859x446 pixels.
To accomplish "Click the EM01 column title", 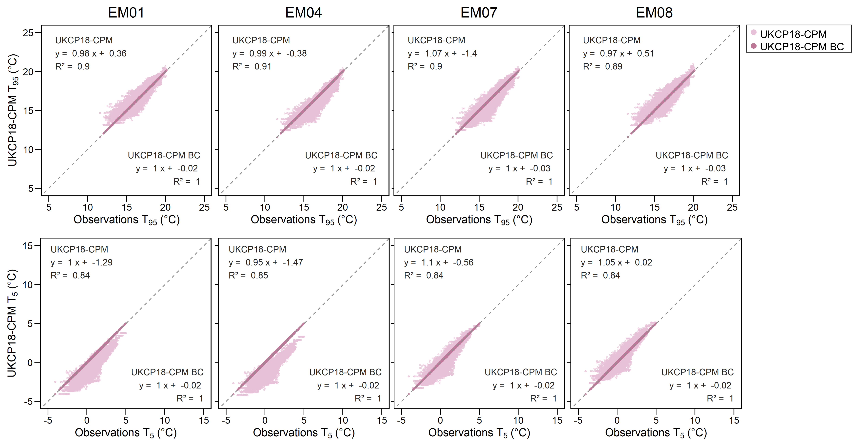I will [126, 13].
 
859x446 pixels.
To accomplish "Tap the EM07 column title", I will [479, 13].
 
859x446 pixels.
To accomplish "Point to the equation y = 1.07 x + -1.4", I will [442, 53].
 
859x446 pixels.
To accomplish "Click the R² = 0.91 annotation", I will [252, 66].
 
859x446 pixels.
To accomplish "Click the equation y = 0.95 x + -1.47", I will [266, 263].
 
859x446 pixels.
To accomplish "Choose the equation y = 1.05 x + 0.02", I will [616, 263].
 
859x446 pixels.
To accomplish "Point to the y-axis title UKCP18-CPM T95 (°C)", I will [13, 110].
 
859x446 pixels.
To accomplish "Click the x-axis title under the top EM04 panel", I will [303, 220].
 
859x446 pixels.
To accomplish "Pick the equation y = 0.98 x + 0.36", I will [91, 53].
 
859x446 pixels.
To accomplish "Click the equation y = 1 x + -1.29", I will [81, 263].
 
